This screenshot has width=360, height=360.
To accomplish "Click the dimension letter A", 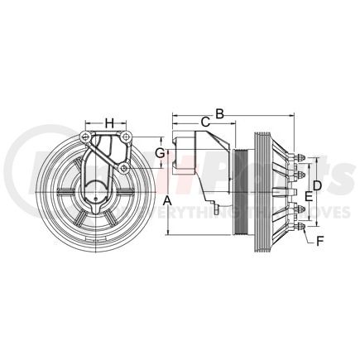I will [166, 201].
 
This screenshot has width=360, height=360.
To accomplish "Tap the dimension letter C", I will [204, 122].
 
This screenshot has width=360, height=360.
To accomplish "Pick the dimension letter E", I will [308, 195].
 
